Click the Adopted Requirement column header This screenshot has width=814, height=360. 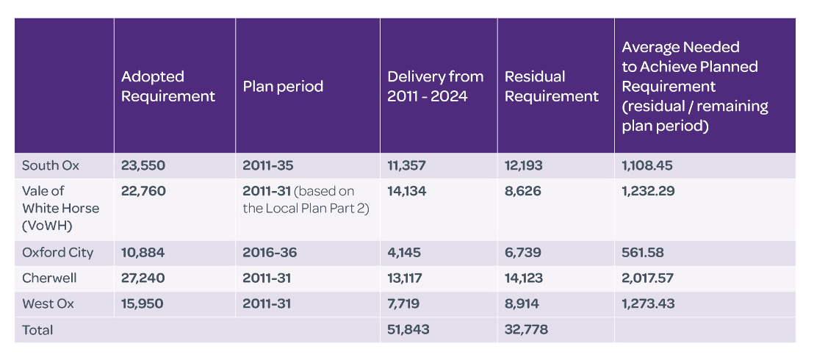click(168, 86)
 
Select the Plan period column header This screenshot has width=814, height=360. click(283, 86)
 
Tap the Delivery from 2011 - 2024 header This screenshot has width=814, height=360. click(436, 86)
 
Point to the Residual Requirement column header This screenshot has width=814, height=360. click(552, 86)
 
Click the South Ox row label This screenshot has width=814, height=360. click(50, 165)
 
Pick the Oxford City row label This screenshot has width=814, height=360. click(57, 252)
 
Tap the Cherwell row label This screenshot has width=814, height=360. click(49, 278)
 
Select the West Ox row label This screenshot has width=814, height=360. click(48, 303)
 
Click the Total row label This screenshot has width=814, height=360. click(37, 330)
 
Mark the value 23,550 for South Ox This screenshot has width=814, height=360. click(143, 165)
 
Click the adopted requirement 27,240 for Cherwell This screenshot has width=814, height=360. click(143, 278)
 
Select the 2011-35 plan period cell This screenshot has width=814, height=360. click(267, 165)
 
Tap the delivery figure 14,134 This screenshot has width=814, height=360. click(406, 191)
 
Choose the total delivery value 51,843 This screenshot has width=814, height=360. click(408, 330)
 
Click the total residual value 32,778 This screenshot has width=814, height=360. click(526, 330)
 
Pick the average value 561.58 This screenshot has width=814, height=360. click(643, 252)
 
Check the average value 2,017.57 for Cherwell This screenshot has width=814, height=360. click(647, 278)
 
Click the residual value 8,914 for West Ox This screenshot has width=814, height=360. click(522, 303)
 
